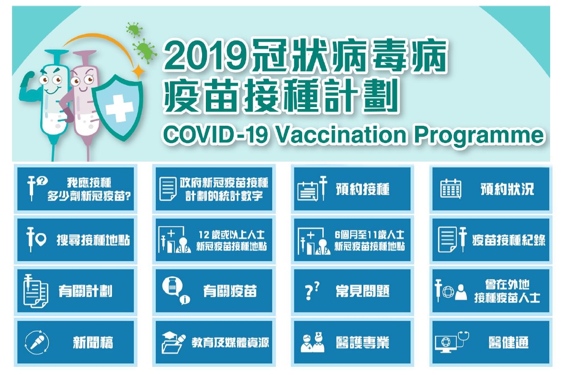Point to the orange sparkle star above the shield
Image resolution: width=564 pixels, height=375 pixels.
point(138,71)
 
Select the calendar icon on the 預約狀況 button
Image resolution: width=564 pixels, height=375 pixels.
point(451,188)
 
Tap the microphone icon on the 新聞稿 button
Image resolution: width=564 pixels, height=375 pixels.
point(37,342)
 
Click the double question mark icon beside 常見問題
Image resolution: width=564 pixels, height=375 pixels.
point(312,291)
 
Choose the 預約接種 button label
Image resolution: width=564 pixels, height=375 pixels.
point(362,189)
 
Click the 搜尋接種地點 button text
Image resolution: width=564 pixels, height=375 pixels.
point(93,240)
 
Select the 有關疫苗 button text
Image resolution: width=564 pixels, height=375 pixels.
point(230,291)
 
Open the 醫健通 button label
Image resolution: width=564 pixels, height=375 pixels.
point(508,342)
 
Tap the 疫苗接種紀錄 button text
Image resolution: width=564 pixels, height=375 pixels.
point(508,240)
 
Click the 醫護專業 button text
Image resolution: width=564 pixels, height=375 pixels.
point(362,342)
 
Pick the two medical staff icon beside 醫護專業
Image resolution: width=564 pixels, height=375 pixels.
point(312,342)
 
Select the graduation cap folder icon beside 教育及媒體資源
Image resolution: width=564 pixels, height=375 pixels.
point(173,342)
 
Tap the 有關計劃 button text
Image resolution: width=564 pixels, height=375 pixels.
point(86,291)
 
